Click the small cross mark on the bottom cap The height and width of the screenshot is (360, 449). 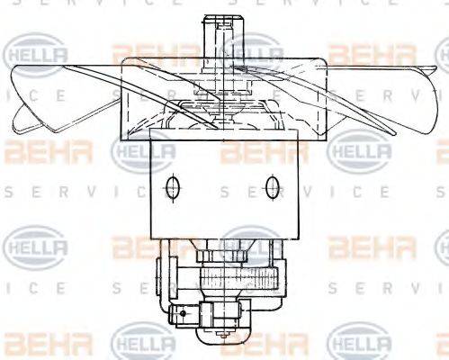click(221, 341)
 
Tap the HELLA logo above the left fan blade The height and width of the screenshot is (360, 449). click(37, 54)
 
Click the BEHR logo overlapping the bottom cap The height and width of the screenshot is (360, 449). click(252, 343)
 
